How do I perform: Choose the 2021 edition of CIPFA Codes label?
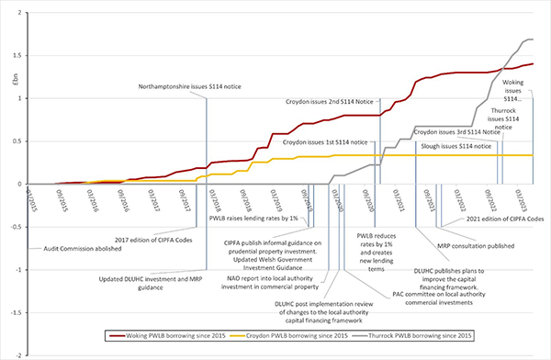(x=498, y=219)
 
